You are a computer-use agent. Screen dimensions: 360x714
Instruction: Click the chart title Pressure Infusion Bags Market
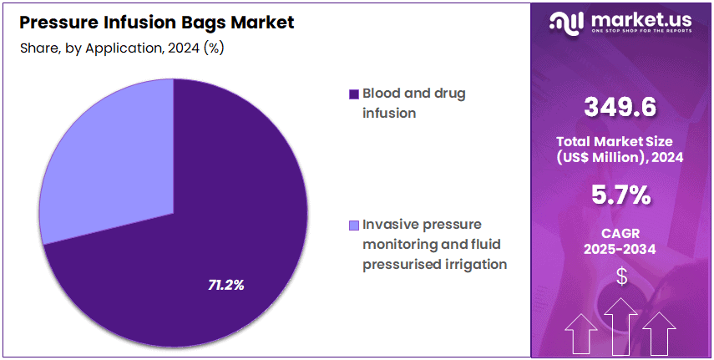click(x=156, y=23)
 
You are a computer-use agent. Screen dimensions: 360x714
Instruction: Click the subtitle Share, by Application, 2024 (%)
click(x=121, y=48)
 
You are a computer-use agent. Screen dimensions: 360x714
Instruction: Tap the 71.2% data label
click(x=225, y=285)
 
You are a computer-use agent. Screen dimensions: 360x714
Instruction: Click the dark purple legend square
click(x=354, y=94)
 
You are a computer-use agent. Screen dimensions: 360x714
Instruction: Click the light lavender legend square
click(x=354, y=225)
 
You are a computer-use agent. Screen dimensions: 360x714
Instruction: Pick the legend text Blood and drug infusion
click(x=413, y=103)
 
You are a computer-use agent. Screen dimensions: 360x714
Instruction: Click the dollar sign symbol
click(x=620, y=276)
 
